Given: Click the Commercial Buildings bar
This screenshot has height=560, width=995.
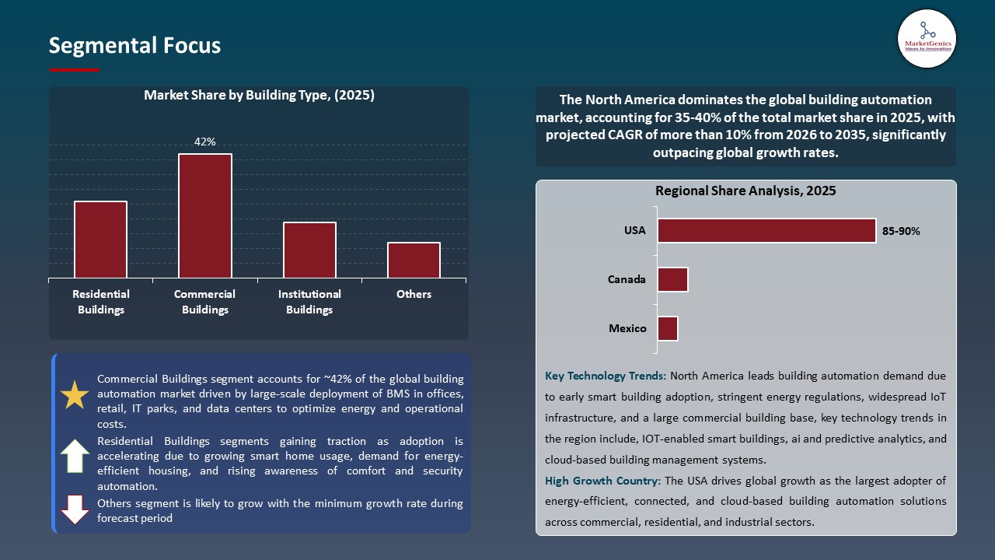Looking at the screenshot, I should click(x=205, y=215).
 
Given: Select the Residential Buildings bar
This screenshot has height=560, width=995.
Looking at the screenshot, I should click(x=100, y=240).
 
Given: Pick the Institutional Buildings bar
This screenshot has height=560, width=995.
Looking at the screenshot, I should click(x=309, y=250).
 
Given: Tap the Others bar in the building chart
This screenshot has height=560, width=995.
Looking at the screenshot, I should click(x=414, y=260).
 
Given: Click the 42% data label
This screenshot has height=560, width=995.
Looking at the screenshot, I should click(x=205, y=142).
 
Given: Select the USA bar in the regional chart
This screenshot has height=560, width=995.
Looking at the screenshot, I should click(x=766, y=230).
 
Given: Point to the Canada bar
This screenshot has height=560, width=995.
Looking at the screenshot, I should click(x=672, y=279).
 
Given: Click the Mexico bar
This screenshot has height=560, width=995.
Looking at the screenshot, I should click(x=668, y=328).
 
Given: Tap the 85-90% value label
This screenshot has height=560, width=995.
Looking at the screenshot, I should click(x=901, y=231).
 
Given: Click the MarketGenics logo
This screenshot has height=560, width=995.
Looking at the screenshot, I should click(x=927, y=38).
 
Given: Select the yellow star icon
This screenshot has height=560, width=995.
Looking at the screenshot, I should click(x=75, y=396).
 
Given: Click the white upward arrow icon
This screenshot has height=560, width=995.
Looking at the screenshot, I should click(x=75, y=456).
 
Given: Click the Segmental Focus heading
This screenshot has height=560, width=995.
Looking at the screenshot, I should click(x=134, y=45).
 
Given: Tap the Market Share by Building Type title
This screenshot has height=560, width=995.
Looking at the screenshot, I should click(x=259, y=95).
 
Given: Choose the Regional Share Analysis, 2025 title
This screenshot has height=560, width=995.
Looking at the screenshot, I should click(x=745, y=191).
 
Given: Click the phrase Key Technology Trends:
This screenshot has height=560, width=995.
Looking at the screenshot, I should click(x=606, y=376).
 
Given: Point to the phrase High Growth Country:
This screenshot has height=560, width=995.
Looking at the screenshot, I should click(x=604, y=481).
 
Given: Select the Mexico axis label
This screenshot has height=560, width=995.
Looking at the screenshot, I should click(x=627, y=328).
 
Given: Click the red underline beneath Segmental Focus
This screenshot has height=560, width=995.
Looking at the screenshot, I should click(x=75, y=70).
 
